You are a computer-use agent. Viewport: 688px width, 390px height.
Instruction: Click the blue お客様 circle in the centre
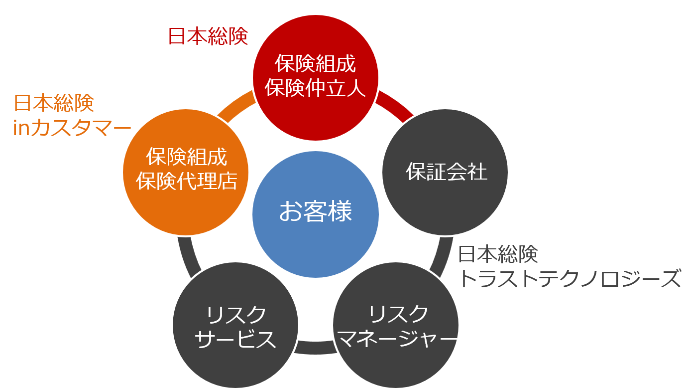[316, 214]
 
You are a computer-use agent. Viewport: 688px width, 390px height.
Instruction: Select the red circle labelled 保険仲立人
[316, 77]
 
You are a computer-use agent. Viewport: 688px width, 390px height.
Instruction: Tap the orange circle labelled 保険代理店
[186, 172]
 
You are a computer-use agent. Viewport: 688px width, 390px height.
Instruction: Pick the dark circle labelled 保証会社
[445, 172]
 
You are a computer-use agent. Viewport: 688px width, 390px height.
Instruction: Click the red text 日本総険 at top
[208, 36]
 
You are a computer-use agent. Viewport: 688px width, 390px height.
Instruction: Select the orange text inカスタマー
[72, 129]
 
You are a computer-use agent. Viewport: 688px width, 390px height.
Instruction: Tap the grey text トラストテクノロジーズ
[569, 278]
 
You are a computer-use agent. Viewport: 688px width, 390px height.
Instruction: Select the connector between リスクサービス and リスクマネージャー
[316, 347]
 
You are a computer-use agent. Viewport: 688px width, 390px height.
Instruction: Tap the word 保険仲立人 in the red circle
[316, 89]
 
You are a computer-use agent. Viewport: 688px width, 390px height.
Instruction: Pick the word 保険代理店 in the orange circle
[186, 182]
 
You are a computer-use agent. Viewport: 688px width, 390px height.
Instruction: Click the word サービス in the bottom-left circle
[235, 339]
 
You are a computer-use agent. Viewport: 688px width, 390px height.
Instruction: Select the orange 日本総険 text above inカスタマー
[54, 103]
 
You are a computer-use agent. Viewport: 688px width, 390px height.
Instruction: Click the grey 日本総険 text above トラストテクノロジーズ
[498, 254]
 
